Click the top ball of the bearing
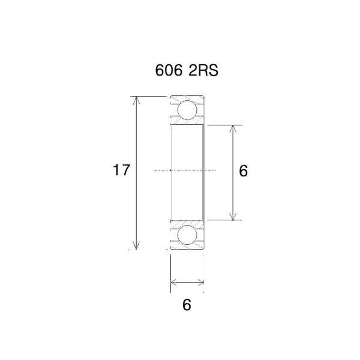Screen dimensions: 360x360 click(187, 110)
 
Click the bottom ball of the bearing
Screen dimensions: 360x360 click(187, 234)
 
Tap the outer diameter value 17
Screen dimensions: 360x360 click(121, 171)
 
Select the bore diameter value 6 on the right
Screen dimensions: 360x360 click(243, 171)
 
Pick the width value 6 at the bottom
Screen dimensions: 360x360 click(187, 305)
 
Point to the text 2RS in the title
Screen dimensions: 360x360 click(202, 70)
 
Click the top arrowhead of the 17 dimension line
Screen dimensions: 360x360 click(137, 100)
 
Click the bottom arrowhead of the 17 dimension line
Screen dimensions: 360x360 click(137, 245)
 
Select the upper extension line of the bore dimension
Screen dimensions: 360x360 click(222, 125)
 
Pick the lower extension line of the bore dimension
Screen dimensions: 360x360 click(222, 220)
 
